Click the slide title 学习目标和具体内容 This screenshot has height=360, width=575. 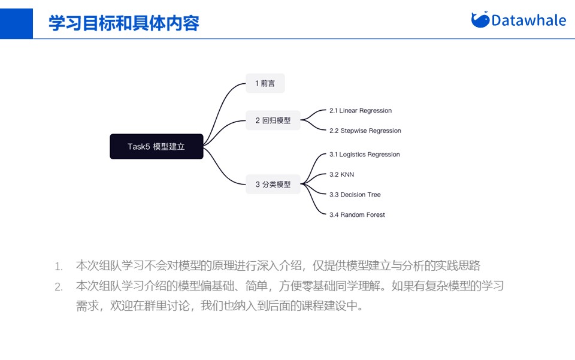click(x=123, y=23)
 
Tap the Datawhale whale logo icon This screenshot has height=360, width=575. click(x=480, y=20)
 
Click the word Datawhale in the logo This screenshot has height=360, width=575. click(x=528, y=20)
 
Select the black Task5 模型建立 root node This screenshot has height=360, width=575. click(x=156, y=146)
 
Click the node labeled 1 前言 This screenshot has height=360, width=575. click(x=265, y=83)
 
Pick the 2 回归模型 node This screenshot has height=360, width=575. click(x=273, y=120)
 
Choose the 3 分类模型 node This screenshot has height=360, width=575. click(x=273, y=184)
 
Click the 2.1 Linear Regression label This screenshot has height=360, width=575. click(x=361, y=111)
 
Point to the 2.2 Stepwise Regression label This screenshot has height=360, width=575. click(x=365, y=131)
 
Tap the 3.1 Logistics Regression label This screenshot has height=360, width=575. click(x=364, y=155)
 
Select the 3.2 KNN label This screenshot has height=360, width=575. click(x=341, y=174)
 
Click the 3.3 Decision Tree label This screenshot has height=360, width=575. click(x=355, y=195)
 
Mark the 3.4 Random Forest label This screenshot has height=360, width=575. click(x=357, y=214)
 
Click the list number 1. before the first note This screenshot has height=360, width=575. click(x=59, y=267)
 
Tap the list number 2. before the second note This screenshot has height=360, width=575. click(x=59, y=287)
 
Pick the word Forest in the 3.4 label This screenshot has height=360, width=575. click(x=375, y=214)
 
